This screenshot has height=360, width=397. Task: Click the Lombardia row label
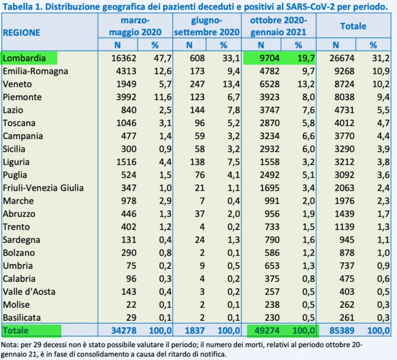point(24,58)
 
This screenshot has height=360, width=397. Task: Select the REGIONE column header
point(22,33)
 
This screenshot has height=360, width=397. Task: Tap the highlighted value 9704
point(269,58)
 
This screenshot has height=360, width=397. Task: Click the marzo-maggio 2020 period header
point(135,26)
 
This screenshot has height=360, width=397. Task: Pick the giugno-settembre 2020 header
point(207,26)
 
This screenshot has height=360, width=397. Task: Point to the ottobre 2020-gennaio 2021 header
point(278,26)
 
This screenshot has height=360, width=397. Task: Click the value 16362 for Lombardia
point(124,58)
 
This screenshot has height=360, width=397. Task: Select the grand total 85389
point(342,330)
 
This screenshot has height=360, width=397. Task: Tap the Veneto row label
point(17,84)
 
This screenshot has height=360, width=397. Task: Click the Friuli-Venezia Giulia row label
point(43,188)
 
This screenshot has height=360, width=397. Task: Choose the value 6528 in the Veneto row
point(269,84)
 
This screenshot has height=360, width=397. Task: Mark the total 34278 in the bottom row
point(124,330)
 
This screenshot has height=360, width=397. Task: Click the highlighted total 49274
point(267,330)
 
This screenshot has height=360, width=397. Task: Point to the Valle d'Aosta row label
point(29,292)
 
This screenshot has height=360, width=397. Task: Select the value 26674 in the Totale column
point(342,58)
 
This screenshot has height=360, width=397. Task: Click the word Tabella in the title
point(20,7)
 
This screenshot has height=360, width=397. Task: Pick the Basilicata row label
point(22,318)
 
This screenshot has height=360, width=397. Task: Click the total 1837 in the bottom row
point(195,330)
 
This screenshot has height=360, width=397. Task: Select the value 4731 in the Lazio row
point(344,110)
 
